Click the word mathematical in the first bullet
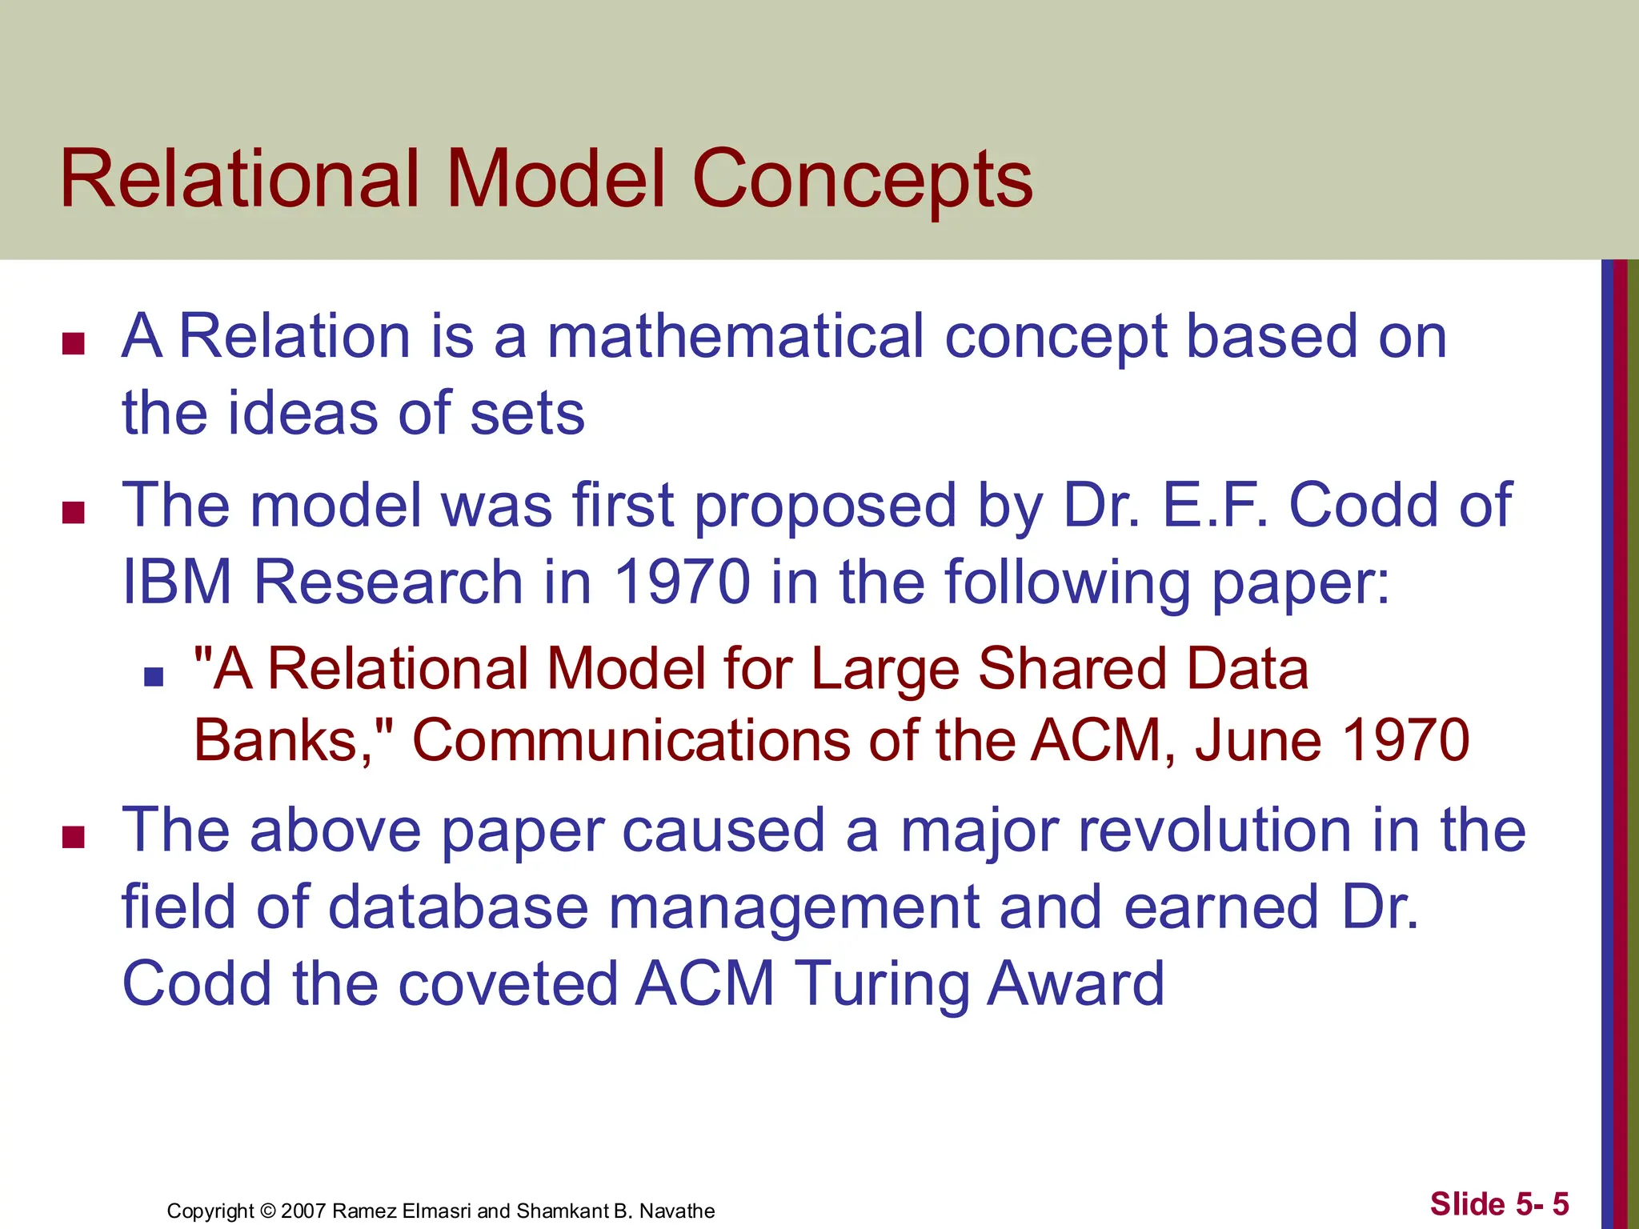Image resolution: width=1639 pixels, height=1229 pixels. pos(735,336)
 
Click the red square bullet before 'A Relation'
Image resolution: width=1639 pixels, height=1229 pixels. pos(74,344)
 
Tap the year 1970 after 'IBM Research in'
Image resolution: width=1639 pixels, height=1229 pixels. pos(682,582)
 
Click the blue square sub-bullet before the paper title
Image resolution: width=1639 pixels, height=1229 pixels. pos(154,678)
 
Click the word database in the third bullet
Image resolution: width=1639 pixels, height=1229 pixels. pos(458,907)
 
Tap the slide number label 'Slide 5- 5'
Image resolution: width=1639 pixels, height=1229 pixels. pos(1499,1204)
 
